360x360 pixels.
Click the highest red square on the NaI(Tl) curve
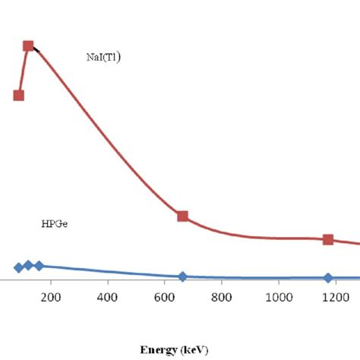[x=29, y=46]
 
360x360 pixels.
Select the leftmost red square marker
[x=19, y=95]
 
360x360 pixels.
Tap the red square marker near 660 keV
[x=182, y=216]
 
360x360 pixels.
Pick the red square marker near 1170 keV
[x=328, y=239]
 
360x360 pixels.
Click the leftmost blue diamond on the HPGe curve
[x=19, y=267]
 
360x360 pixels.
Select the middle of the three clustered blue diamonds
[x=29, y=265]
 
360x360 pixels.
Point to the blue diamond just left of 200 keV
[x=39, y=266]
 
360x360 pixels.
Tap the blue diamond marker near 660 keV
[x=182, y=276]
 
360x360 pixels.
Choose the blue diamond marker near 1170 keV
[x=328, y=278]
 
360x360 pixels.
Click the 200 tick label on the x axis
[x=51, y=297]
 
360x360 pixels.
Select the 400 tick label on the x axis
[x=107, y=297]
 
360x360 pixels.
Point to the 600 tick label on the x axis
[x=164, y=297]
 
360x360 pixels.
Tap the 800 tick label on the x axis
[x=221, y=297]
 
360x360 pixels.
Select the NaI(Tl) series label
[x=104, y=56]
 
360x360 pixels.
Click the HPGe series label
[x=54, y=224]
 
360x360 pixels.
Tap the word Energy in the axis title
[x=158, y=350]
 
